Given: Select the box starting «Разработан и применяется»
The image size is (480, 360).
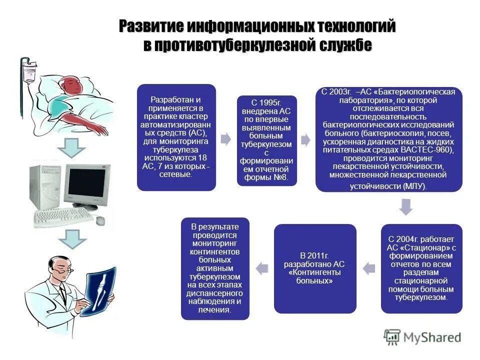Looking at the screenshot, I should (176, 137).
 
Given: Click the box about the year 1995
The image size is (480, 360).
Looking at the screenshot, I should (266, 140).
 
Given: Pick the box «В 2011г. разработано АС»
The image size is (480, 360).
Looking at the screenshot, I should (315, 268).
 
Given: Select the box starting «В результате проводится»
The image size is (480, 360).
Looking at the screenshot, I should (215, 268).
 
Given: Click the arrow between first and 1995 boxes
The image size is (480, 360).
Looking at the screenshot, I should (226, 139).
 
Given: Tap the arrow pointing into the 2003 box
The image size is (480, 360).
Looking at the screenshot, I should (306, 139).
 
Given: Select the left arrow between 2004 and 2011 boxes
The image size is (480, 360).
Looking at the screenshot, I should (368, 268).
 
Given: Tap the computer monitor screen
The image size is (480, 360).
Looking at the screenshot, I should (88, 183).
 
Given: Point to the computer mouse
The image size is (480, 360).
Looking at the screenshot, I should (100, 220).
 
